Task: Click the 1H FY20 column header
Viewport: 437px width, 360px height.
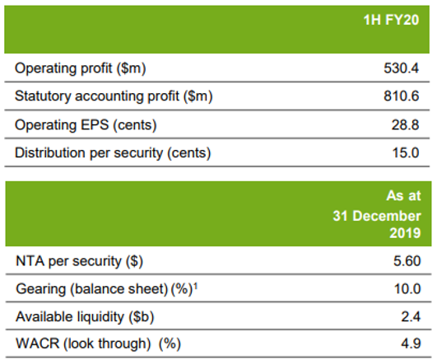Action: pyautogui.click(x=391, y=20)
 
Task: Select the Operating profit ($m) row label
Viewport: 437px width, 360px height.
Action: pyautogui.click(x=81, y=68)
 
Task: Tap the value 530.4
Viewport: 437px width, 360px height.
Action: pyautogui.click(x=401, y=68)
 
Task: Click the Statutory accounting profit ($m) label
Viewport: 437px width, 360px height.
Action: pyautogui.click(x=114, y=96)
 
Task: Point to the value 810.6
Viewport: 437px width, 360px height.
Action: pyautogui.click(x=401, y=96)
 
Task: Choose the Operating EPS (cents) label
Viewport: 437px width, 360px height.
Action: pyautogui.click(x=86, y=125)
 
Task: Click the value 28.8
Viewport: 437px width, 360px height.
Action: pyautogui.click(x=405, y=124)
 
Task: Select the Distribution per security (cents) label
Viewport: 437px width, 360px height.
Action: pyautogui.click(x=113, y=153)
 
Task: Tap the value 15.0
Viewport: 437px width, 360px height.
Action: pyautogui.click(x=406, y=153)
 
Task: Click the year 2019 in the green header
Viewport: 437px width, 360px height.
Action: pyautogui.click(x=405, y=233)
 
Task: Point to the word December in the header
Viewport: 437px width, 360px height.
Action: pyautogui.click(x=387, y=216)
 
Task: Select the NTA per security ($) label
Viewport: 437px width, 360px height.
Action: pyautogui.click(x=80, y=261)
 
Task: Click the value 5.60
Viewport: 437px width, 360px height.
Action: pyautogui.click(x=407, y=261)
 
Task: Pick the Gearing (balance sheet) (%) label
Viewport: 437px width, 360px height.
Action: pyautogui.click(x=105, y=289)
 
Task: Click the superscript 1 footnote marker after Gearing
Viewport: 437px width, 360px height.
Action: pyautogui.click(x=195, y=286)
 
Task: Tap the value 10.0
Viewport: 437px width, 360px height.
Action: pyautogui.click(x=407, y=289)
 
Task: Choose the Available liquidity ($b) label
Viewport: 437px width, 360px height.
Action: pyautogui.click(x=85, y=317)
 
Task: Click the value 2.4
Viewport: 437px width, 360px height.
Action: pyautogui.click(x=411, y=316)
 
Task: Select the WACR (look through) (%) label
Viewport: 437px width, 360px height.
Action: pyautogui.click(x=99, y=344)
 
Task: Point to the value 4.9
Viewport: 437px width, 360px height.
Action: pyautogui.click(x=411, y=344)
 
